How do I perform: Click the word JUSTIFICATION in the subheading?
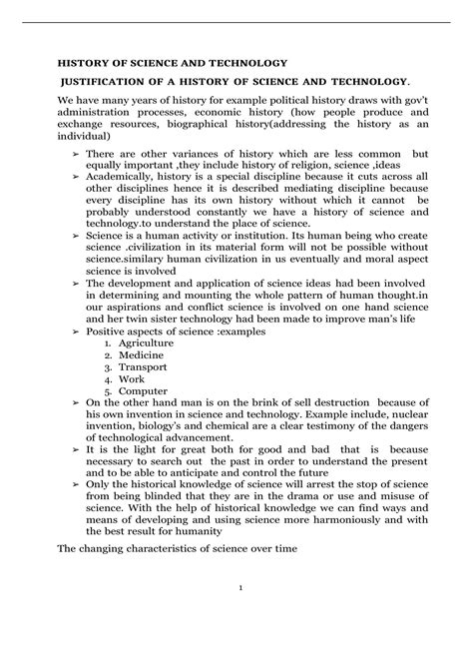click(x=108, y=80)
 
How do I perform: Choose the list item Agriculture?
click(x=148, y=342)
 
